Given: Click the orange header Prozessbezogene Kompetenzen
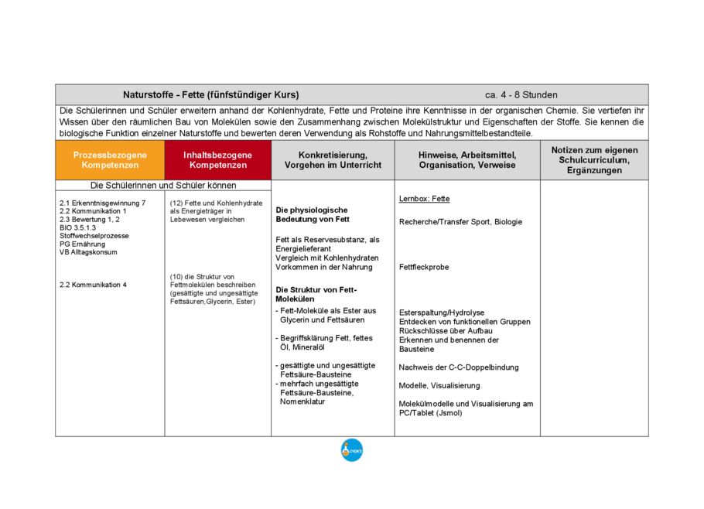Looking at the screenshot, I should [x=110, y=160].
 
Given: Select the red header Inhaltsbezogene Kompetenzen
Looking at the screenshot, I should [x=218, y=160].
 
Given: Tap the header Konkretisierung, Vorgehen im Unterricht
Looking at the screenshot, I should [x=333, y=160].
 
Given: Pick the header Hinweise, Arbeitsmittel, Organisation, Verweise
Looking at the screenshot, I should [x=467, y=160].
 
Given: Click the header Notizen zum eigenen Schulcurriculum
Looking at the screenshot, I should [x=594, y=159].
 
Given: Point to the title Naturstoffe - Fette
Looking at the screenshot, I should [x=210, y=95].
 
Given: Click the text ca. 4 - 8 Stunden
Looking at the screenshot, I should [x=521, y=95].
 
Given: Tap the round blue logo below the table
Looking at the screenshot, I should [x=352, y=449].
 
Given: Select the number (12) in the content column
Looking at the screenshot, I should [x=176, y=203].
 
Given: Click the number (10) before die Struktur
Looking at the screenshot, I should [x=176, y=276].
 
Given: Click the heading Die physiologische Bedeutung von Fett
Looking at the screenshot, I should [x=313, y=214].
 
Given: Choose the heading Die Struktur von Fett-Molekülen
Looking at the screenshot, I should [x=316, y=294].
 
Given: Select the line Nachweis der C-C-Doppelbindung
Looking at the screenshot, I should [x=459, y=367].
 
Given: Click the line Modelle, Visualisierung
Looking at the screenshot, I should [x=439, y=386].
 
